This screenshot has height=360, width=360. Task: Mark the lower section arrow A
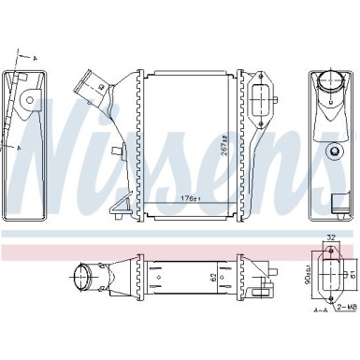coord(17,147)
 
